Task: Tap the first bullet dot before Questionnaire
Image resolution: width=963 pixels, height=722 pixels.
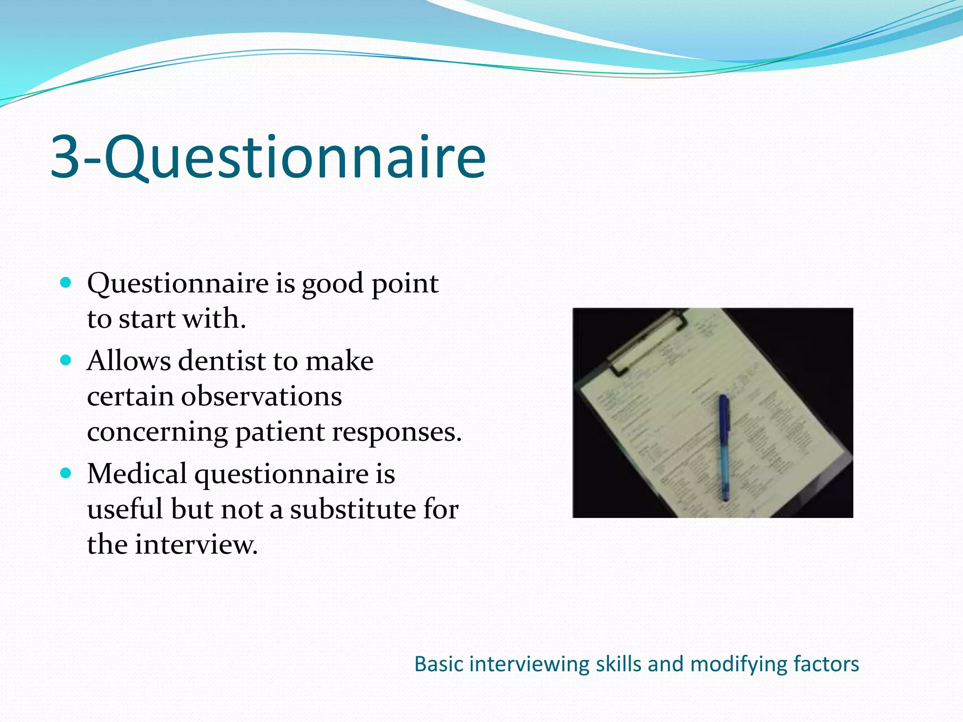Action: coord(66,283)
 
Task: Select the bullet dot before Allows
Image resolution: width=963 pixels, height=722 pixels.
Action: coord(66,361)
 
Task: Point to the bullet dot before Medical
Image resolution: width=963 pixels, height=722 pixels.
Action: coord(66,473)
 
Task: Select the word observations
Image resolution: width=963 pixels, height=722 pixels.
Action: coord(261,396)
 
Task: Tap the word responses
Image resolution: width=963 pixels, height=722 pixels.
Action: coord(396,432)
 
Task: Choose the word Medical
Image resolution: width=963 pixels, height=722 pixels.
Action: coord(137,473)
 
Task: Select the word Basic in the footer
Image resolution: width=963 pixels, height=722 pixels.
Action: coord(439,664)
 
